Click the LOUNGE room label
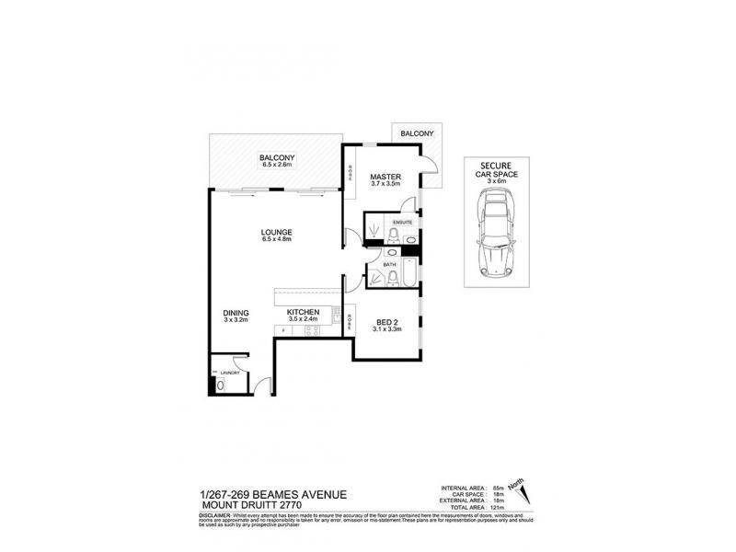[x=276, y=231]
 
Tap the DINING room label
[x=236, y=313]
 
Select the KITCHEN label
[x=303, y=313]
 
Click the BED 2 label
[x=386, y=322]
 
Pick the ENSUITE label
[x=402, y=223]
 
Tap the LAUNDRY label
[x=230, y=373]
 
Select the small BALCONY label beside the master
[x=416, y=134]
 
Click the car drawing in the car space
[x=497, y=238]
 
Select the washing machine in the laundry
[x=217, y=384]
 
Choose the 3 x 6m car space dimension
[x=497, y=181]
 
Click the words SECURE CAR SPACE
[x=497, y=168]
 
